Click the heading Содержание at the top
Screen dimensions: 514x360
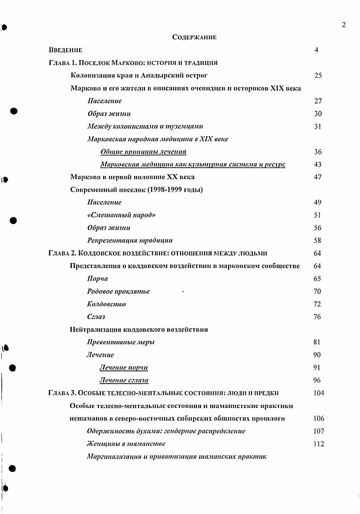194,37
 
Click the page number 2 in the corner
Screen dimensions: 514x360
343,25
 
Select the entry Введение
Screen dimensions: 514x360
66,50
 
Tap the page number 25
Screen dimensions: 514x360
318,75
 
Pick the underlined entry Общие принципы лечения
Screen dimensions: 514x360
143,152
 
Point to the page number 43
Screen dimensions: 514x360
318,164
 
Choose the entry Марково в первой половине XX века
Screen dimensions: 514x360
132,177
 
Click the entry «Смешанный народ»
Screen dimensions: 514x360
121,215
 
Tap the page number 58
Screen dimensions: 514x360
318,241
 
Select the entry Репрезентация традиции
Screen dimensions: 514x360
130,241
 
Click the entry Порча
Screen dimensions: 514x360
98,278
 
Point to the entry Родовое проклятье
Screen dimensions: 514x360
118,292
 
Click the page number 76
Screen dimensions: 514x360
318,317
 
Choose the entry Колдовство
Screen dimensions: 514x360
106,304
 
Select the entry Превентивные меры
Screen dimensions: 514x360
121,342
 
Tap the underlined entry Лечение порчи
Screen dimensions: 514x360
124,367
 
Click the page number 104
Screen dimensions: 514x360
318,393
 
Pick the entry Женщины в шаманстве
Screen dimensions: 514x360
126,444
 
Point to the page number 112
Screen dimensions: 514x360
318,444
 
